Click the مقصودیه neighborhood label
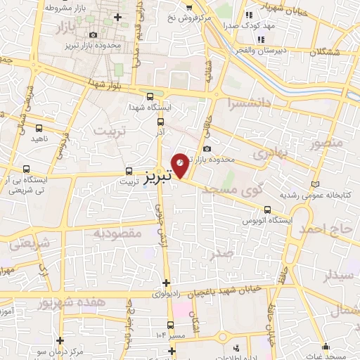[110, 233]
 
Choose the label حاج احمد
[328, 231]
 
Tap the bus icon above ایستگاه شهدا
[149, 97]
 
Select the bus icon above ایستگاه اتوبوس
[267, 210]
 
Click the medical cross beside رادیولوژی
[165, 283]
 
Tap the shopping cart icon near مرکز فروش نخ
[188, 7]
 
